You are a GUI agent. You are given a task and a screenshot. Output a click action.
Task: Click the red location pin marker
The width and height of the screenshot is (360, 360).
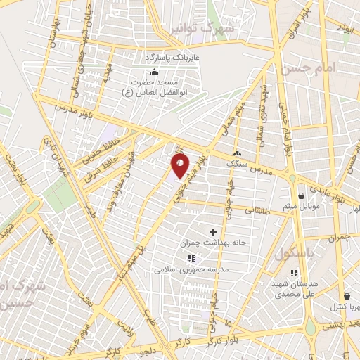tap(180, 166)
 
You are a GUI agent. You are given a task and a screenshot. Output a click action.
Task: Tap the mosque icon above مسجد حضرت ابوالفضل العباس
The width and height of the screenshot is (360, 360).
tap(155, 72)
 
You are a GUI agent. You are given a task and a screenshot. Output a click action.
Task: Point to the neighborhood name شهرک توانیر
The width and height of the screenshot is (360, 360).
tap(204, 28)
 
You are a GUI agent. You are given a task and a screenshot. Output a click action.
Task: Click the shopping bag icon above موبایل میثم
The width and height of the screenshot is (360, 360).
tap(301, 195)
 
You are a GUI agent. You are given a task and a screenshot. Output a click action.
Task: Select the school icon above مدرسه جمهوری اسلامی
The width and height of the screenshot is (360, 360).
tap(173, 258)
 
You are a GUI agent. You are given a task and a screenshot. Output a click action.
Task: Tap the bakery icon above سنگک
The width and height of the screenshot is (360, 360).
tap(237, 153)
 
